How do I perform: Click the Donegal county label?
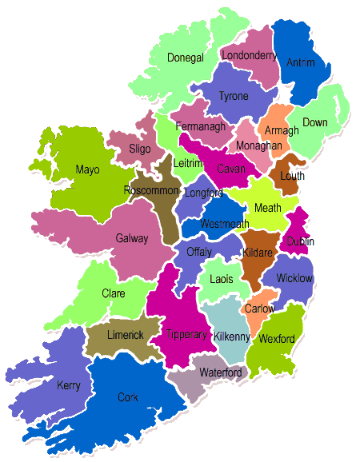[x=186, y=58]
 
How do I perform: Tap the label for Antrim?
[x=300, y=62]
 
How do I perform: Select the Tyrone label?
[x=234, y=96]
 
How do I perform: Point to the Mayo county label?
[x=87, y=169]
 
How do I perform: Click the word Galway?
[x=132, y=238]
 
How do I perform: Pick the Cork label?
[x=126, y=396]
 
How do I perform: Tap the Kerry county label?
[x=69, y=385]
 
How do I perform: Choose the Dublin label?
[x=301, y=241]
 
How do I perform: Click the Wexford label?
[x=277, y=339]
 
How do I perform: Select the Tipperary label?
[x=186, y=334]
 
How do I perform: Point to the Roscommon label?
[x=151, y=190]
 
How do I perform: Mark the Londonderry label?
[x=250, y=56]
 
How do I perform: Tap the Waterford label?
[x=220, y=373]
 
